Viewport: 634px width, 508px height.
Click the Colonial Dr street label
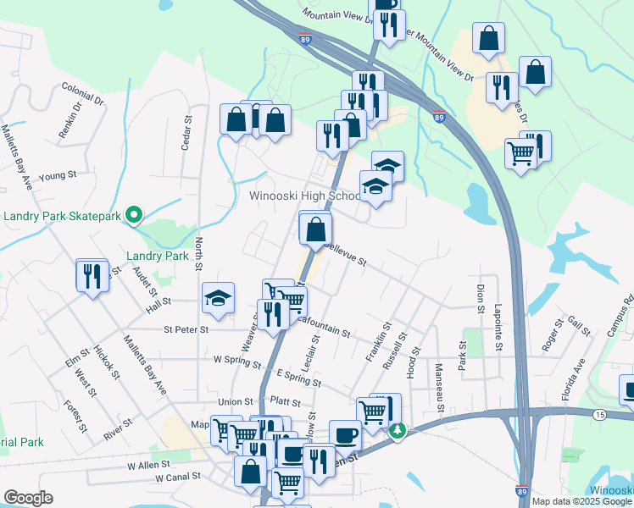click(x=82, y=93)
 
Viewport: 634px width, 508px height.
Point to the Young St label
click(x=58, y=175)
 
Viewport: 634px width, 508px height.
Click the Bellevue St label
click(x=343, y=256)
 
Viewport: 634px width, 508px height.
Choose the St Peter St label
click(x=186, y=329)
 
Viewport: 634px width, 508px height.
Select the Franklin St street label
click(x=377, y=343)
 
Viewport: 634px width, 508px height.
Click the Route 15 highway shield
click(x=599, y=414)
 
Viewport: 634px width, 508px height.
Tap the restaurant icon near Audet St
click(x=92, y=275)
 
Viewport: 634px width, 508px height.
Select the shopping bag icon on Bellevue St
click(x=315, y=228)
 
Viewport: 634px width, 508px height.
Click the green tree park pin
click(x=398, y=431)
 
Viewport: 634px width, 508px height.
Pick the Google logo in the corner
click(x=28, y=498)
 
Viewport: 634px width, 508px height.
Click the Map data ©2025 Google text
click(x=581, y=501)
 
